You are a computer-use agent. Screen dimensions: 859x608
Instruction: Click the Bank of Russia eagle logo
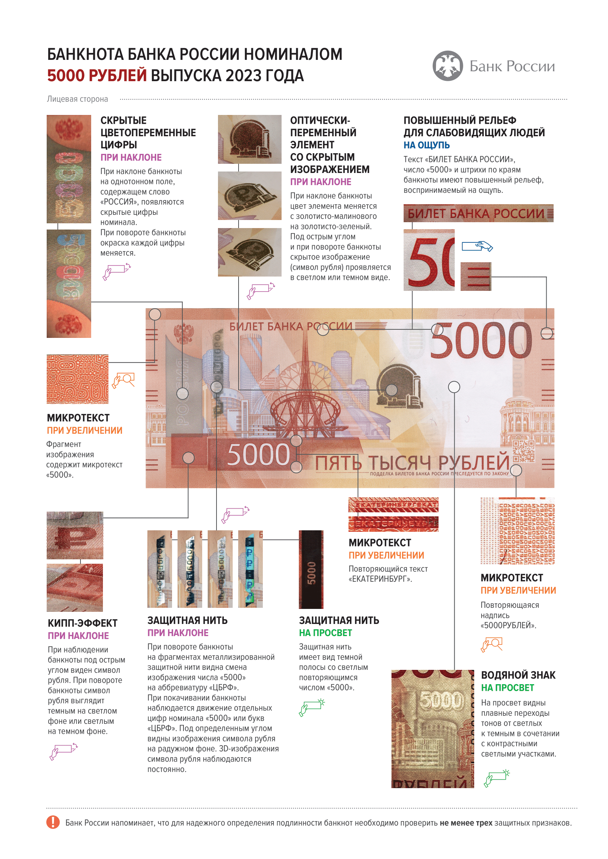447,66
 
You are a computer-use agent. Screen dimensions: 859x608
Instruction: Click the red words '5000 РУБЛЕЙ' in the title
97,76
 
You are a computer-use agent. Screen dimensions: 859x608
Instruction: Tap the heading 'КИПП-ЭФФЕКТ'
83,623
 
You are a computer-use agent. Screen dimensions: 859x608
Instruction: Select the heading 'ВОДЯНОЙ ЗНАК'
518,675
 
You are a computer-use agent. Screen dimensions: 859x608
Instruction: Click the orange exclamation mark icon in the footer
53,822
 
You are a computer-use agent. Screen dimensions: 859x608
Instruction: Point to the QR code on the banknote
523,451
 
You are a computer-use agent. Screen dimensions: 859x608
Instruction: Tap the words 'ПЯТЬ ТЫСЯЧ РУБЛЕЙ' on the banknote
412,463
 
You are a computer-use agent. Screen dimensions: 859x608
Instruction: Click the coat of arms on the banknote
183,333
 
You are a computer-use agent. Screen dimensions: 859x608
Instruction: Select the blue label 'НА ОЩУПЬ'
426,145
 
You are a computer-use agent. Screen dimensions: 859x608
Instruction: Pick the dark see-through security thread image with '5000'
311,569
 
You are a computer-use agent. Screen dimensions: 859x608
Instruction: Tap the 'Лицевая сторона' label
78,99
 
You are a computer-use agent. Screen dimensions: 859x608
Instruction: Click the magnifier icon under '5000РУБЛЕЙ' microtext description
491,644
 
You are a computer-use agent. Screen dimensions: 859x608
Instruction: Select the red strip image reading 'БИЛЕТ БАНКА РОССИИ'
478,213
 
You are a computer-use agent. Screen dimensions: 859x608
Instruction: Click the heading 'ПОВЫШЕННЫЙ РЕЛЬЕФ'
460,120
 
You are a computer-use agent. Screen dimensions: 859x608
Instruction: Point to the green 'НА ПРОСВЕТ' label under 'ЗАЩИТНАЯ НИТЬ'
325,633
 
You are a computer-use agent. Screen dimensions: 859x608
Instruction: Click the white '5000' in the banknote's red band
258,455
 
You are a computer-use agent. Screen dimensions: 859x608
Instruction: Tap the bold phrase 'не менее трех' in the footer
466,823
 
